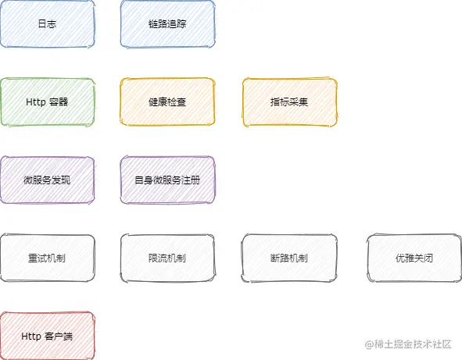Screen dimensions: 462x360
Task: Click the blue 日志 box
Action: pos(48,24)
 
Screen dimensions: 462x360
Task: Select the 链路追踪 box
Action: pos(167,24)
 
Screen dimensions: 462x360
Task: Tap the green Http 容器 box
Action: pos(48,102)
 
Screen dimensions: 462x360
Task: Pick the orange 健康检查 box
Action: pos(167,102)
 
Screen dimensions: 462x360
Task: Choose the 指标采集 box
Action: pos(289,102)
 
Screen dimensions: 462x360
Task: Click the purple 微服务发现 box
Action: pos(48,180)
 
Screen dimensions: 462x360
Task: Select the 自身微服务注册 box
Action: pos(167,180)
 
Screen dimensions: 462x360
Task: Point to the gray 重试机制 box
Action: pos(48,258)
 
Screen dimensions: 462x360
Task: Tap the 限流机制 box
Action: pos(167,258)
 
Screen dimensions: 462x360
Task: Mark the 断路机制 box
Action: pos(289,258)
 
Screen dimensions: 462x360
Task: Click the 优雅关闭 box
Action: pos(414,258)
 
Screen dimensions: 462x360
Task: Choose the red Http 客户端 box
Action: pos(48,336)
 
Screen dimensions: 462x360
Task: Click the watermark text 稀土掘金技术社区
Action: pos(413,344)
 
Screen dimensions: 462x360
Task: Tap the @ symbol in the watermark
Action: pos(369,344)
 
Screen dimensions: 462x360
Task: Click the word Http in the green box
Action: pos(36,102)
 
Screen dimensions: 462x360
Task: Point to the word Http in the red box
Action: pos(31,336)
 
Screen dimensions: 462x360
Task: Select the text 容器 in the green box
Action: pos(59,102)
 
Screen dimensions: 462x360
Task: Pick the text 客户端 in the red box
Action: pos(59,336)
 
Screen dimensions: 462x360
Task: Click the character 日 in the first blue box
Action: pos(42,24)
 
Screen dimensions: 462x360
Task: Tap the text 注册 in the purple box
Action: pos(191,180)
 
